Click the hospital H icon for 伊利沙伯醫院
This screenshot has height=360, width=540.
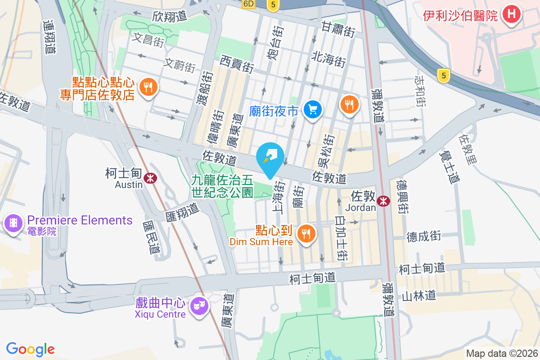click(x=511, y=14)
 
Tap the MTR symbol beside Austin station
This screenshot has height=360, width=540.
click(x=150, y=179)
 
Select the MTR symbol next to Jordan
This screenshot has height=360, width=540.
click(x=383, y=201)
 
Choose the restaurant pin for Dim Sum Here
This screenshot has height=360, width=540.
click(x=306, y=233)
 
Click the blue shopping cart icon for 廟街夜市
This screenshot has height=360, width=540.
click(x=312, y=109)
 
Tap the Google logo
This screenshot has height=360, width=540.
click(x=30, y=349)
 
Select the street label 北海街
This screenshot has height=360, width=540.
click(x=329, y=59)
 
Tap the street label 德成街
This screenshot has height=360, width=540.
click(x=424, y=236)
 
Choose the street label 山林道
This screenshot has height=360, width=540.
click(x=418, y=296)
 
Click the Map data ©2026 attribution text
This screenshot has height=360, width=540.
click(x=502, y=353)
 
